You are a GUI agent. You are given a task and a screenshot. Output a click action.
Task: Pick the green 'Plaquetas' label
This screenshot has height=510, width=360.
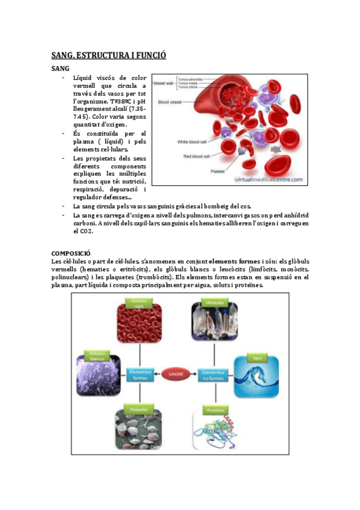click(139, 410)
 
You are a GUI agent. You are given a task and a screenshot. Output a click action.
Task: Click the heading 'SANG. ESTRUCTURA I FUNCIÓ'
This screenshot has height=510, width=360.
click(108, 55)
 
